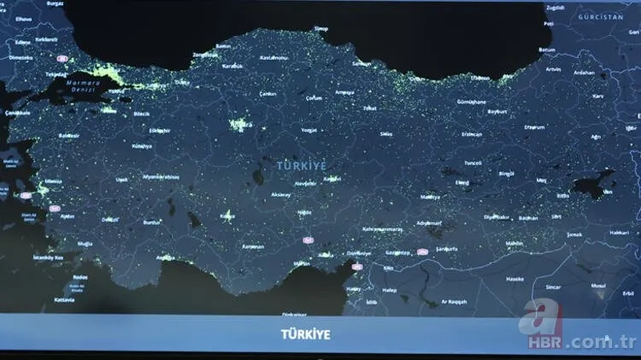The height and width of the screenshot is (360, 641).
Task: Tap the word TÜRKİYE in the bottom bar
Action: [x=306, y=334]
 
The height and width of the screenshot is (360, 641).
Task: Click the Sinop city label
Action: [x=320, y=28]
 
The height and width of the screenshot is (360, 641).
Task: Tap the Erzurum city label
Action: [x=534, y=127]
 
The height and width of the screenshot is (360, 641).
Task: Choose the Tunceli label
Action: [x=473, y=162]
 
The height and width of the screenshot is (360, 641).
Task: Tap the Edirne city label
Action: [x=22, y=41]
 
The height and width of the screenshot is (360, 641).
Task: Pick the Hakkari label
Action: [x=619, y=232]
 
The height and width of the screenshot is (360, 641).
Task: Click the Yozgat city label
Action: [x=310, y=130]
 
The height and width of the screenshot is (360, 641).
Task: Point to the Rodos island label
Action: [x=80, y=277]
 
